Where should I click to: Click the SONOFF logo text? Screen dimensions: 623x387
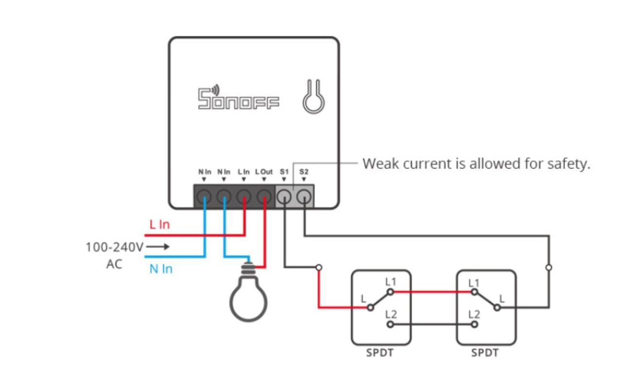coord(238,97)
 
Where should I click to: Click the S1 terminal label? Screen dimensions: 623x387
coord(284,172)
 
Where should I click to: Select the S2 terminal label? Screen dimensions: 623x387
coord(304,172)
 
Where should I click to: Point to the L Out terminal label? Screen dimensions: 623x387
coord(264,172)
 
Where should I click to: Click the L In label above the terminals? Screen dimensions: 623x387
coord(243,172)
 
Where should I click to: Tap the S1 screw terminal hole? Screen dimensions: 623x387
coord(284,196)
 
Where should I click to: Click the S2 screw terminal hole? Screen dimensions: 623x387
coord(304,196)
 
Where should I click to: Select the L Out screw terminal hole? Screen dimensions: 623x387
coord(264,196)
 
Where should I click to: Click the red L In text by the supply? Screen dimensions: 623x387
coord(159,224)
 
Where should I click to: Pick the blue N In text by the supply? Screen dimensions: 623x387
coord(161,269)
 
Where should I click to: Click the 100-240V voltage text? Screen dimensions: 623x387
coord(114,247)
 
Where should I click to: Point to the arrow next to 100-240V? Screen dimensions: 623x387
coord(158,247)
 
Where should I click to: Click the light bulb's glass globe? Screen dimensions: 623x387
coord(248,299)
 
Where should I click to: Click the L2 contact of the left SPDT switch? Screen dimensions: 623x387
coord(390,324)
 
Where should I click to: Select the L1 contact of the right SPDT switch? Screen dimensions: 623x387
coord(474,292)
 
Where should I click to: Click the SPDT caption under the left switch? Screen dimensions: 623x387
coord(380,353)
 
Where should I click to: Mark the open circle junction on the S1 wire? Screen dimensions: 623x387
coord(319,268)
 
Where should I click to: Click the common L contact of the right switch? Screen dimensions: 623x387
coord(497,308)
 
